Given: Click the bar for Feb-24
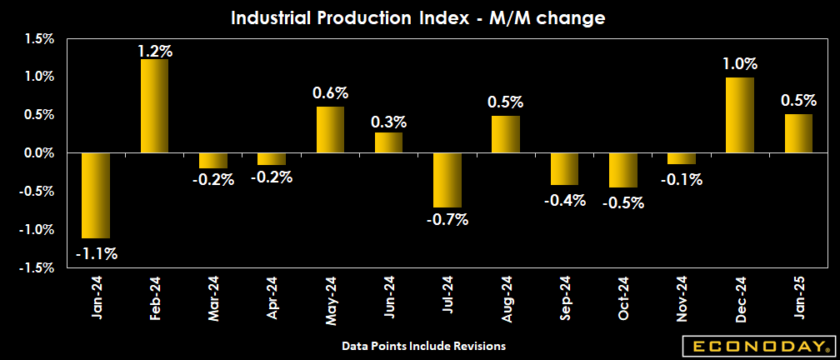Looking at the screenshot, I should pyautogui.click(x=154, y=106).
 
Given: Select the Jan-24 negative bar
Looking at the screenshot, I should pyautogui.click(x=96, y=196).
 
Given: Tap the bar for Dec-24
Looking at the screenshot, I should pyautogui.click(x=740, y=115).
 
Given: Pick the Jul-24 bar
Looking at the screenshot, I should pyautogui.click(x=447, y=180).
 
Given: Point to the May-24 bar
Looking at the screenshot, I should pyautogui.click(x=330, y=130).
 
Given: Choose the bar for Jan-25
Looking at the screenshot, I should pyautogui.click(x=798, y=133).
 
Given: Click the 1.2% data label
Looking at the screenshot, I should pyautogui.click(x=155, y=51).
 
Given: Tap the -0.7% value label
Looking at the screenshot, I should pyautogui.click(x=447, y=220).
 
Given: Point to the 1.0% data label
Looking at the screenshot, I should pyautogui.click(x=740, y=63).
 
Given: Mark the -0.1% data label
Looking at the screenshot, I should pyautogui.click(x=682, y=178).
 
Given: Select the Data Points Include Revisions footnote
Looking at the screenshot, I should pyautogui.click(x=423, y=345).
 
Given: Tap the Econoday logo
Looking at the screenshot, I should pyautogui.click(x=757, y=346).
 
